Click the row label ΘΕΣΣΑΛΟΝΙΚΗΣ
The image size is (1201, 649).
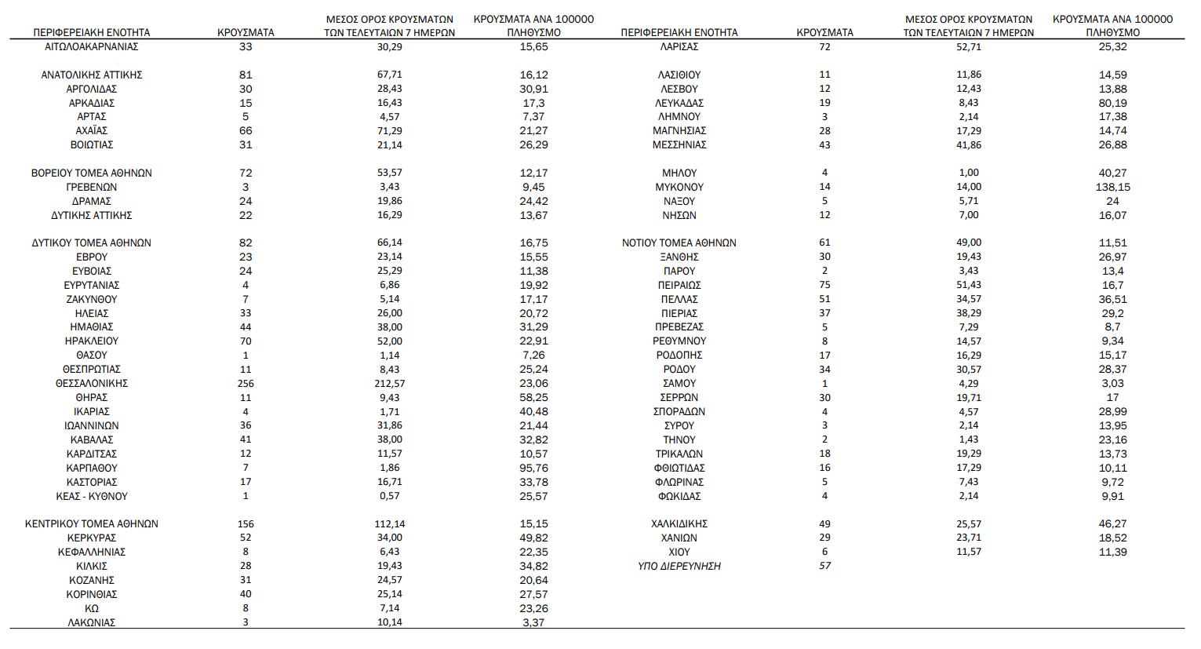pos(92,383)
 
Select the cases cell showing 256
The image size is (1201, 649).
pos(246,383)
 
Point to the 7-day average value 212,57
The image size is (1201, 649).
pos(389,383)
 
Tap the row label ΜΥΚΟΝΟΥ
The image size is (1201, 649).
pos(679,187)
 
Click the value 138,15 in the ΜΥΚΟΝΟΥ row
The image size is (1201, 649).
pos(1112,187)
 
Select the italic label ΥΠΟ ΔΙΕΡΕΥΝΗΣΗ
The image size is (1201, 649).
pos(679,566)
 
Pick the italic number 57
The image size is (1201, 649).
pos(824,566)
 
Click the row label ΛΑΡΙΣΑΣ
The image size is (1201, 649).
pos(679,46)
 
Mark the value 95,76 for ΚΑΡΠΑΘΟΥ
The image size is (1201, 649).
pos(533,468)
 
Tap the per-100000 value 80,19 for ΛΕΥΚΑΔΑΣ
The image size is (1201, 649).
pos(1112,103)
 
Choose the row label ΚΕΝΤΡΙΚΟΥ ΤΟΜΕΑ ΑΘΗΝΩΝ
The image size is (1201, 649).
pos(92,523)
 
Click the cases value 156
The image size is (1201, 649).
pos(246,523)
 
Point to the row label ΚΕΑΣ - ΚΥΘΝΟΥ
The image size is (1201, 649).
pos(92,496)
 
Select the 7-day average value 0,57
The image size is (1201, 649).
pos(389,496)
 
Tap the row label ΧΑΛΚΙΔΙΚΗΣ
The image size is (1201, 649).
pos(679,523)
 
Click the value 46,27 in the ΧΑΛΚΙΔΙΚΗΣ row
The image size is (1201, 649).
pos(1112,523)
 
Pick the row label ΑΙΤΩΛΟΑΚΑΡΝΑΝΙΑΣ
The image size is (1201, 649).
pos(92,46)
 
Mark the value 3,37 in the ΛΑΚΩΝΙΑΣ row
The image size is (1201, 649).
pos(533,622)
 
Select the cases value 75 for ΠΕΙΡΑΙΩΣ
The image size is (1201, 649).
pos(824,285)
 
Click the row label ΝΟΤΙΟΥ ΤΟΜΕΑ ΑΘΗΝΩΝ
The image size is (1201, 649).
pos(679,242)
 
